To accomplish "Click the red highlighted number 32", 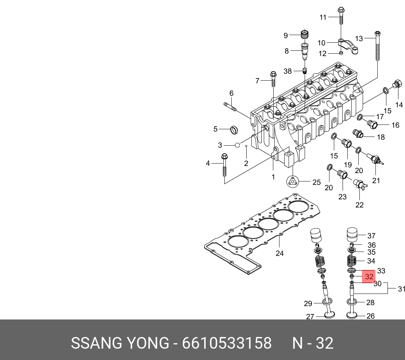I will [369, 276].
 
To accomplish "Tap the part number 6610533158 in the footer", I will [227, 344].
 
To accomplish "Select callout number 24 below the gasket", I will [279, 253].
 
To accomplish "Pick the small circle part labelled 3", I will [237, 145].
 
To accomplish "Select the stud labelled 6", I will [229, 107].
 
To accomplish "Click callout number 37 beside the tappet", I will [371, 236].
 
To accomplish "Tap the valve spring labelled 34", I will [352, 261].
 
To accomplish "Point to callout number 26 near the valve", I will [370, 316].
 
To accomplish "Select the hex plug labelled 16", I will [372, 125].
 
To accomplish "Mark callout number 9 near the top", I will [286, 35].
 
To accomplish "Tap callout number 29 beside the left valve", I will [308, 303].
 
